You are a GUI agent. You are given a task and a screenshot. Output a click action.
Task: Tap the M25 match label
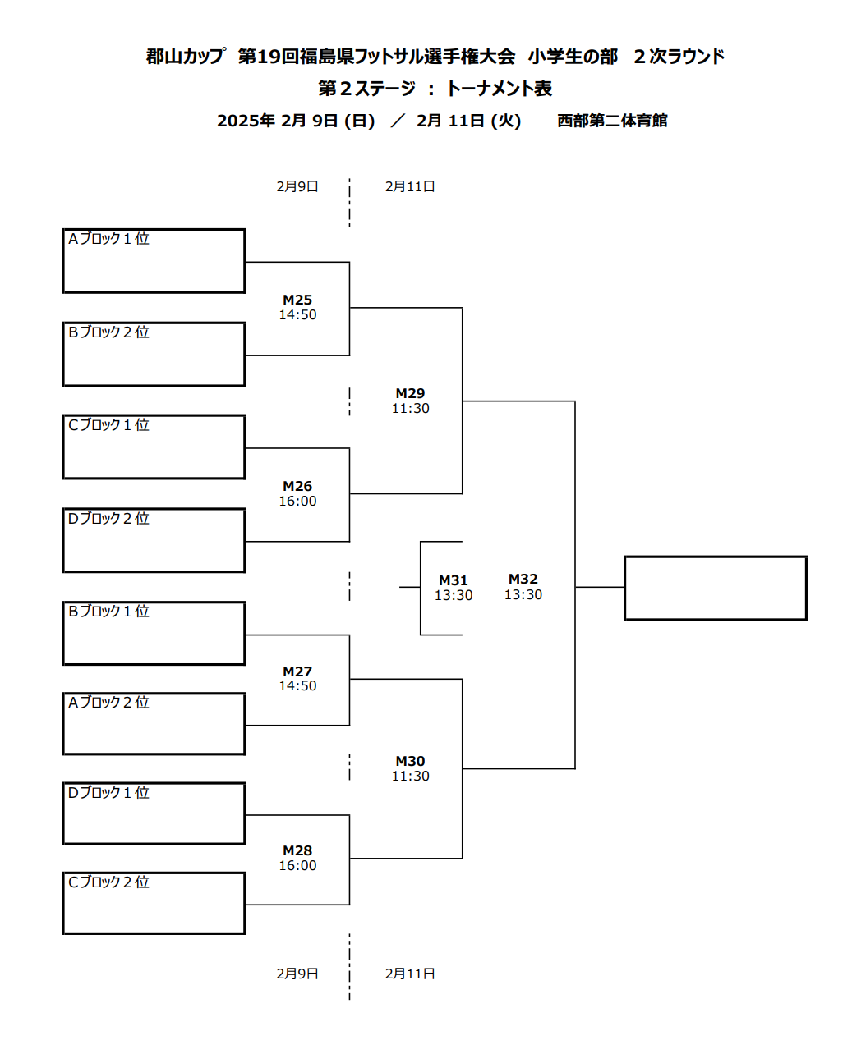tap(297, 300)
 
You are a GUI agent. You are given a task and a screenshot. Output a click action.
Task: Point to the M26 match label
tap(297, 486)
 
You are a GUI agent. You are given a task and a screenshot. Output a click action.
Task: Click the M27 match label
tap(297, 671)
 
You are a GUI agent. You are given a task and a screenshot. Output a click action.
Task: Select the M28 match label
tap(297, 850)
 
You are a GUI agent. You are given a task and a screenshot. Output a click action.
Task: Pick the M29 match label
tap(410, 393)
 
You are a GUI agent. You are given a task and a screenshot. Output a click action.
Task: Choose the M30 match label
tap(410, 761)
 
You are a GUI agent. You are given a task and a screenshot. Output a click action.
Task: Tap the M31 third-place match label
tap(454, 580)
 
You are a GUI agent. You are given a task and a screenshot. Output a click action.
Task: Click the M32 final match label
tap(523, 579)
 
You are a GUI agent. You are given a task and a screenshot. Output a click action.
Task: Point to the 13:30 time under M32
tap(523, 594)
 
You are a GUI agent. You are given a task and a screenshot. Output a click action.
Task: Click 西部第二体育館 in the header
tap(612, 120)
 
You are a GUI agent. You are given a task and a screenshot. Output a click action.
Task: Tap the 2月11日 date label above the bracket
tap(410, 186)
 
